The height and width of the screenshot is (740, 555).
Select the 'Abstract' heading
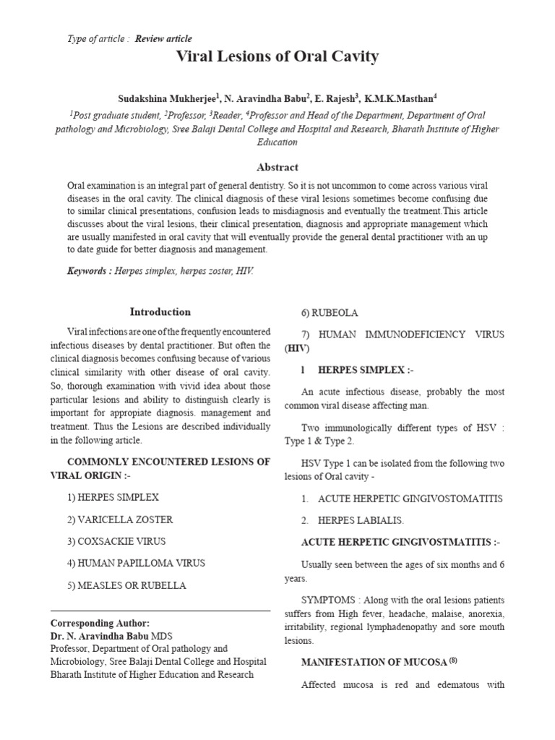click(277, 167)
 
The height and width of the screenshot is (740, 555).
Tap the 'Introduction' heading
click(160, 312)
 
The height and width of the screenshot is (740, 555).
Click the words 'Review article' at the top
click(163, 38)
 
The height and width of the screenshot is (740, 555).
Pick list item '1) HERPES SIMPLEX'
click(113, 498)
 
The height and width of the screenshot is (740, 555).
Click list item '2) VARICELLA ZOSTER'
click(120, 520)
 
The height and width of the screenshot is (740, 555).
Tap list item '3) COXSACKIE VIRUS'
click(116, 541)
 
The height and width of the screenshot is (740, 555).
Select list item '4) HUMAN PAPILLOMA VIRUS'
click(136, 563)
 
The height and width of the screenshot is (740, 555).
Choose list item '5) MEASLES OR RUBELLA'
click(127, 585)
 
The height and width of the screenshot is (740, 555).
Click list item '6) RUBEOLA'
click(330, 313)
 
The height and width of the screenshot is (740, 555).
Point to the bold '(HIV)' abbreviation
click(296, 348)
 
